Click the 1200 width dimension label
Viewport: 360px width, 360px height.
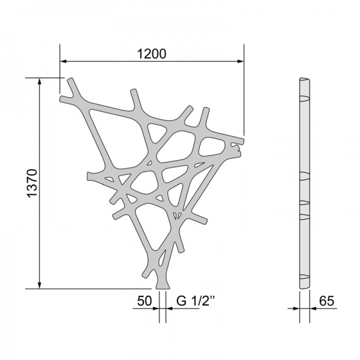[x=151, y=54]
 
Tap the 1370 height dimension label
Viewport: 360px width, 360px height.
[x=32, y=183]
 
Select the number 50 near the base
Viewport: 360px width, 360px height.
[x=145, y=301]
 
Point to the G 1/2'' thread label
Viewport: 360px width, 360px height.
[x=196, y=301]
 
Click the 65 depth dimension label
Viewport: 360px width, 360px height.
[x=327, y=301]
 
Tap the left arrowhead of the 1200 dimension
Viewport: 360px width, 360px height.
[x=63, y=61]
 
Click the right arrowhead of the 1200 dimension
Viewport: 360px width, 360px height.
[x=241, y=61]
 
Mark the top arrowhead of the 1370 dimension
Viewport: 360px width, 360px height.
[x=40, y=82]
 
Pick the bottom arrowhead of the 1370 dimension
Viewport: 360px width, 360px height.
[x=40, y=285]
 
